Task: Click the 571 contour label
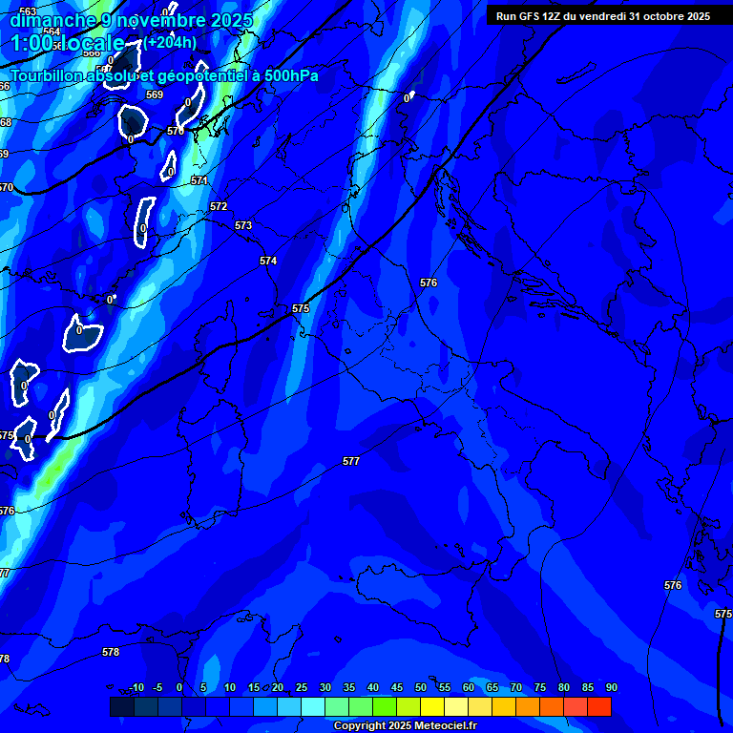199,180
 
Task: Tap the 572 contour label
219,206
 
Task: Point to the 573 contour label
243,225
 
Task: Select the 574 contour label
268,261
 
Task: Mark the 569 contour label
155,94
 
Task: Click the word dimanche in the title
52,20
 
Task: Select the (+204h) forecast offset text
171,42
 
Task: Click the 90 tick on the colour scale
611,687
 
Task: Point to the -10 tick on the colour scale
136,687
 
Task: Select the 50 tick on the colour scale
420,687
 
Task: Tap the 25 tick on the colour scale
301,687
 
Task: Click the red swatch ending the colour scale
598,706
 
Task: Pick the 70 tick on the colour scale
515,687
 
